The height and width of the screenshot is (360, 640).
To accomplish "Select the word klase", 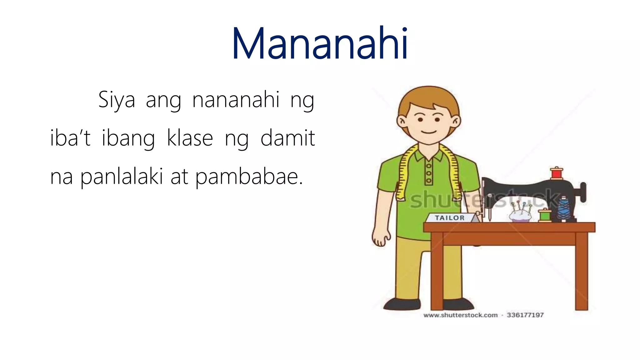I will tap(190, 138).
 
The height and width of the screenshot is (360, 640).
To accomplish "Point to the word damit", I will tap(287, 138).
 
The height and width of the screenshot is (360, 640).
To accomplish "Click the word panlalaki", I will tap(122, 177).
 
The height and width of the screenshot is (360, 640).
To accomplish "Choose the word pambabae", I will tap(249, 177).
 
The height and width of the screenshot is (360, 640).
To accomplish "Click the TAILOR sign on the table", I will tap(450, 218).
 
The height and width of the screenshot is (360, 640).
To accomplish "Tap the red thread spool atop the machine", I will tap(557, 173).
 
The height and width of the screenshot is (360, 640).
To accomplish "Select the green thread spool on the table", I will tap(545, 215).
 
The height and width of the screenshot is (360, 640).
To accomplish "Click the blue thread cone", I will tap(563, 209).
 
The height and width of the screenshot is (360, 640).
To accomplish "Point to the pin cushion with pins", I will tap(520, 214).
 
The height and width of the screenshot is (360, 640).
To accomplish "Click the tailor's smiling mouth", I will tap(429, 132).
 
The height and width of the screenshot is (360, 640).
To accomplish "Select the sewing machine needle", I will tap(490, 216).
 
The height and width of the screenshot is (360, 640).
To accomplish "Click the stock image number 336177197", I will tap(525, 315).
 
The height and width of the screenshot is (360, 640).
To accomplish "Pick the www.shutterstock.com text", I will tap(460, 315).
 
